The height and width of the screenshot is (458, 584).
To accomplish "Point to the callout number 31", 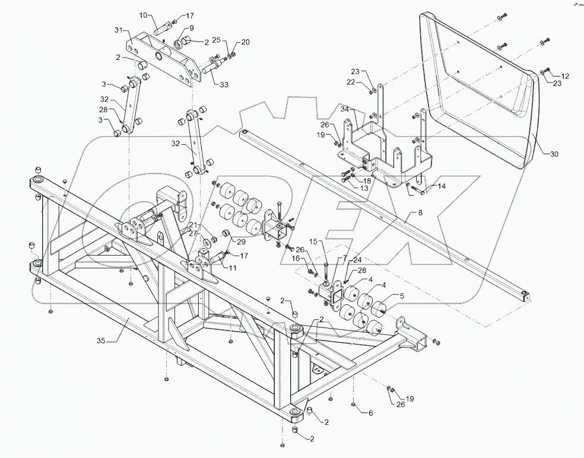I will (118, 30).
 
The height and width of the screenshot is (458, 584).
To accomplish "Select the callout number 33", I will (223, 85).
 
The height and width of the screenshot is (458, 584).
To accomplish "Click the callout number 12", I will (564, 76).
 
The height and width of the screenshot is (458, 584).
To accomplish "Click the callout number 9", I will (191, 28).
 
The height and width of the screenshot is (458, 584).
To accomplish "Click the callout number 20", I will (245, 42).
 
